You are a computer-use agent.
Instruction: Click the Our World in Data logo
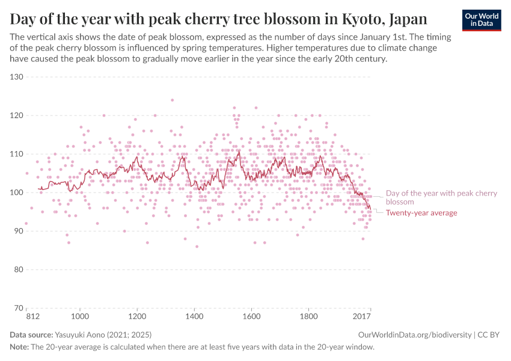(x=481, y=20)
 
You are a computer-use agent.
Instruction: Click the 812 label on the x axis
(x=26, y=315)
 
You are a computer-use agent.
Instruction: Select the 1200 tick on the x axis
(x=137, y=315)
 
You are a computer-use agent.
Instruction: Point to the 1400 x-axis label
(x=194, y=315)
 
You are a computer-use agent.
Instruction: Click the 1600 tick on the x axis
(x=251, y=315)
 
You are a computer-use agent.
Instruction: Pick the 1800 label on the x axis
(x=308, y=315)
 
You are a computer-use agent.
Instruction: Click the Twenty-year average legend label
(x=421, y=213)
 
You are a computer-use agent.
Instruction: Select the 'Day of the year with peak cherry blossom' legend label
(x=441, y=197)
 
